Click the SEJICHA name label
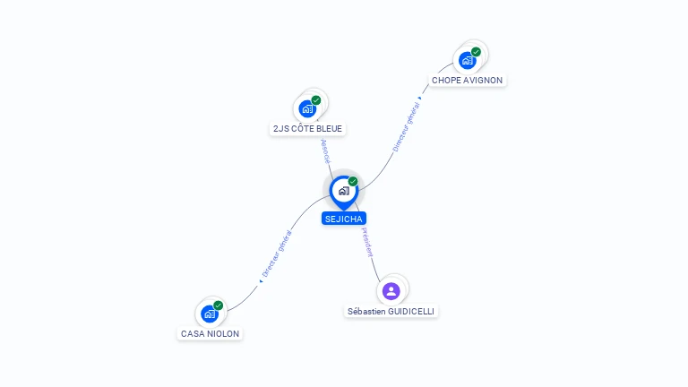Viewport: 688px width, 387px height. [344, 219]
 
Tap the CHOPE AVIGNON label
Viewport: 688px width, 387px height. [467, 81]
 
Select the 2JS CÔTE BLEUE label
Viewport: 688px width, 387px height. [307, 129]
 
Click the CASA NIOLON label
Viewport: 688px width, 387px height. [210, 333]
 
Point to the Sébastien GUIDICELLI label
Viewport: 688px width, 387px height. [391, 311]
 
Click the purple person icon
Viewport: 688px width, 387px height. [391, 291]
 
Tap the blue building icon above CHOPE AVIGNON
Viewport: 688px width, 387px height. [468, 61]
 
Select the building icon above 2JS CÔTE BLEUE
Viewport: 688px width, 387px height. [307, 108]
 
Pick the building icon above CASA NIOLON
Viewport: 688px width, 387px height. [210, 314]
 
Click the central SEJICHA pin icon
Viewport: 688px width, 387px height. [344, 192]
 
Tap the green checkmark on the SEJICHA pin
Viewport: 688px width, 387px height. [353, 181]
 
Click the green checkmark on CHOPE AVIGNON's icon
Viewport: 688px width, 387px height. [476, 52]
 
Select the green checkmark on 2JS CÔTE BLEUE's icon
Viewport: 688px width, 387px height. [316, 100]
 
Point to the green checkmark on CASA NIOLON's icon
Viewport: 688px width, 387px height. [218, 305]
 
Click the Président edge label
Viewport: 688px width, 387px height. [367, 242]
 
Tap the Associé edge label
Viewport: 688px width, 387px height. [325, 151]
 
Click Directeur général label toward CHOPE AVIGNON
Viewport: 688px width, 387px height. [406, 127]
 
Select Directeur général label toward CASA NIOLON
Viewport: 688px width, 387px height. [277, 254]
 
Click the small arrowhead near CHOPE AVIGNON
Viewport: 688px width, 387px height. [420, 99]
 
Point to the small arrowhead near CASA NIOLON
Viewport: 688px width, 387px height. [261, 281]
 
